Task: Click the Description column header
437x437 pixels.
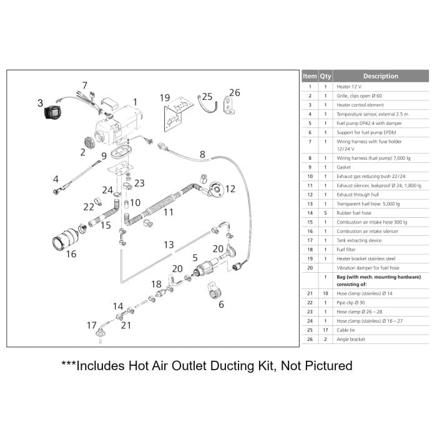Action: pos(380,76)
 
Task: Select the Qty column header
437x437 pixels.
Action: pos(325,76)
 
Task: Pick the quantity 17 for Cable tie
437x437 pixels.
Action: pos(325,330)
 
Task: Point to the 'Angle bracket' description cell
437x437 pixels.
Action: pos(351,339)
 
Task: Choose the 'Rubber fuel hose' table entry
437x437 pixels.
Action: pos(354,213)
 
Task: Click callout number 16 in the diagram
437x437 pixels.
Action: pos(71,254)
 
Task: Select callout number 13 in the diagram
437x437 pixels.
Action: pos(169,245)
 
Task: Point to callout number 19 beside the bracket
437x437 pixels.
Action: pos(165,97)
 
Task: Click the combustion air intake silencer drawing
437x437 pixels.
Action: pos(66,239)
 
